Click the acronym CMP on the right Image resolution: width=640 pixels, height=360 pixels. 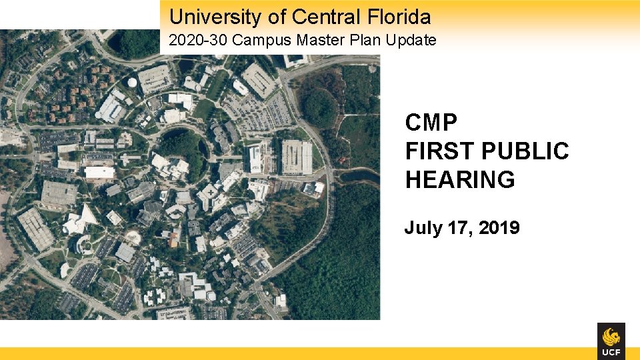tap(431, 123)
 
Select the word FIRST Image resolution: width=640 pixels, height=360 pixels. tap(443, 151)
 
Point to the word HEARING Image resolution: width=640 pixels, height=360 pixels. tap(460, 180)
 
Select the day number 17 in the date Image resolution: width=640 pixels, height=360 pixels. tap(457, 228)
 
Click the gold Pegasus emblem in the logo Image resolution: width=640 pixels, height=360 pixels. tap(611, 335)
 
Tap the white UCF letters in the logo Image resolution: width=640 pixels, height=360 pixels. tap(611, 351)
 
